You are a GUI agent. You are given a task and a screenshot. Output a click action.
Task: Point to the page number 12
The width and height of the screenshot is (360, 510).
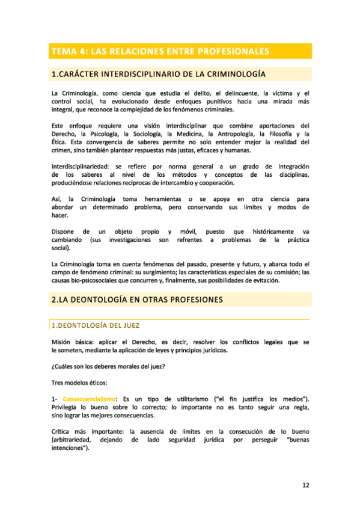click(305, 484)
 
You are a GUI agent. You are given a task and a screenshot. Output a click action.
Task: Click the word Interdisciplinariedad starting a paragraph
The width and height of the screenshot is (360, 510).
click(77, 166)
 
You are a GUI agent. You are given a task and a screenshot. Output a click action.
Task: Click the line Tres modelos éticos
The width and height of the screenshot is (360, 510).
click(81, 383)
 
